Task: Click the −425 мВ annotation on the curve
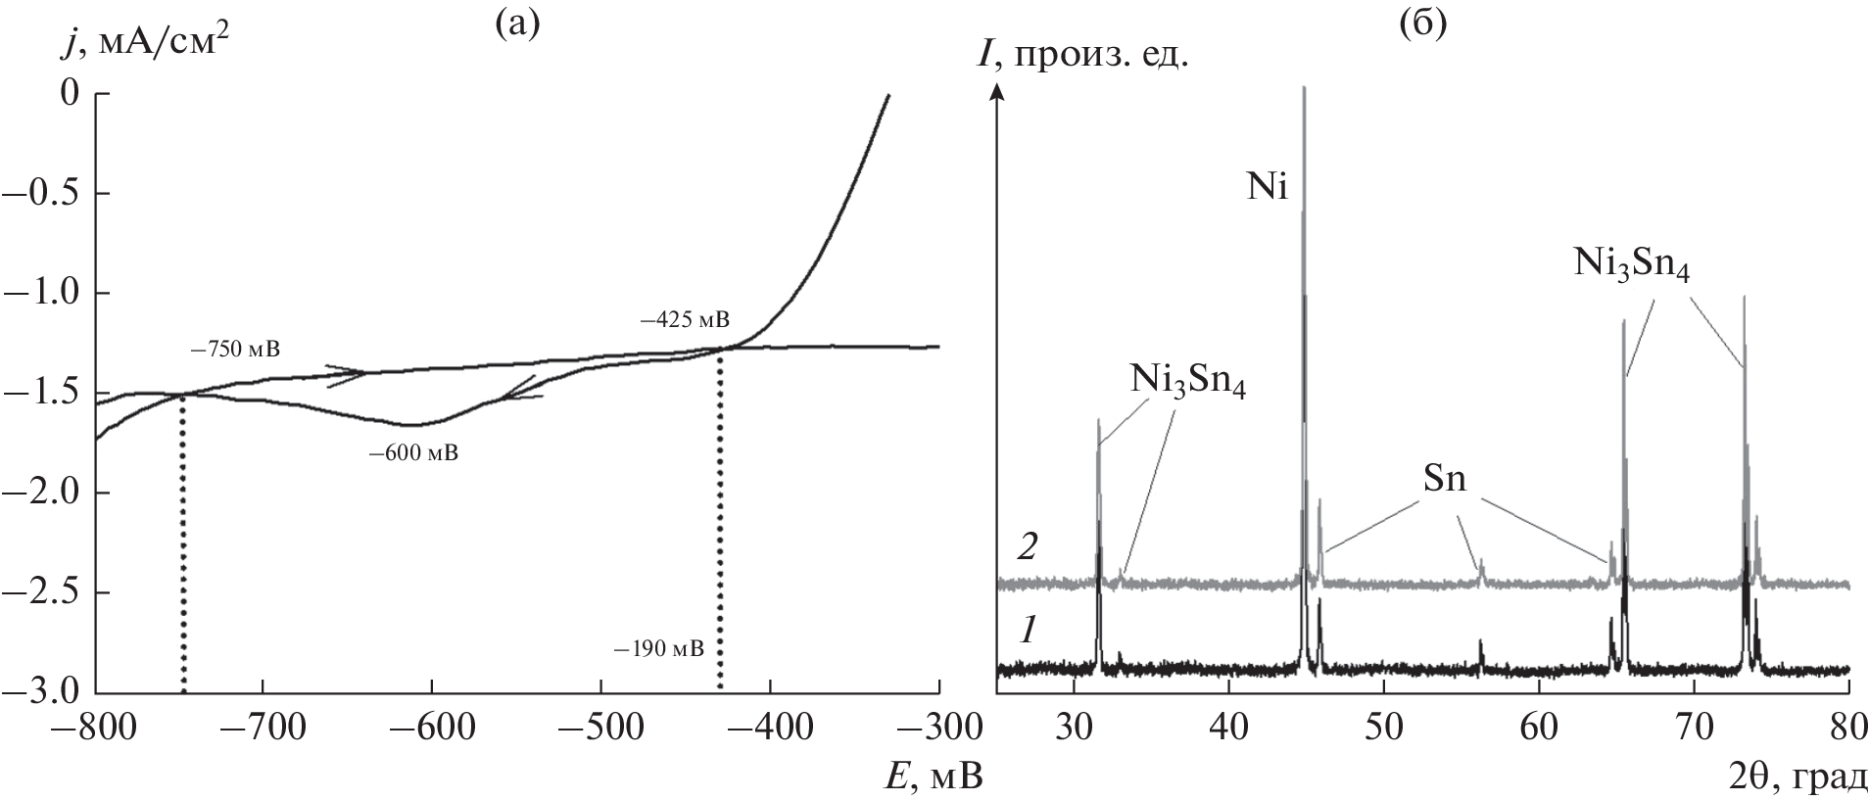(685, 320)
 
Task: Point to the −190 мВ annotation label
(658, 648)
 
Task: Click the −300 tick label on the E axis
(938, 730)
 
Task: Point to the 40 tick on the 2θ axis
(1228, 730)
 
